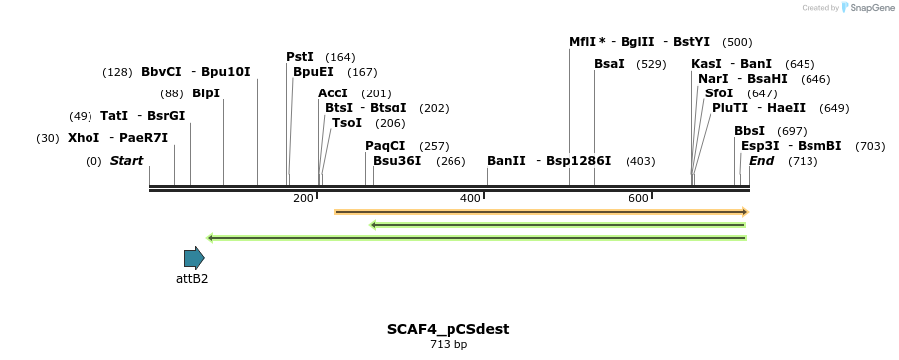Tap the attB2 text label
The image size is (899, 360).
(x=192, y=279)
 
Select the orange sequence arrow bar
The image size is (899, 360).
(x=540, y=211)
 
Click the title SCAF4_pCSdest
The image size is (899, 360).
(x=448, y=328)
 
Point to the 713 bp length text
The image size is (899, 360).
(x=448, y=344)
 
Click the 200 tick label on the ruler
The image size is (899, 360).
(x=303, y=199)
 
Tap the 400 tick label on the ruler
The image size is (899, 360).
(x=470, y=199)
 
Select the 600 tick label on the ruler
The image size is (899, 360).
(x=638, y=199)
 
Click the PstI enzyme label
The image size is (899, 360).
(x=300, y=57)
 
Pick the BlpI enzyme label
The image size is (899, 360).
(x=206, y=93)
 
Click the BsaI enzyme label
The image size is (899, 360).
(x=609, y=64)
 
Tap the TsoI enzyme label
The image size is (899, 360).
(x=347, y=123)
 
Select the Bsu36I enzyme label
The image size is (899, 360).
(x=397, y=161)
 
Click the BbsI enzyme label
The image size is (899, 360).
(x=749, y=131)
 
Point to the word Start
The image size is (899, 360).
(x=126, y=161)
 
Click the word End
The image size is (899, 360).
(x=761, y=161)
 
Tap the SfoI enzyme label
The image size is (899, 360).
(x=718, y=93)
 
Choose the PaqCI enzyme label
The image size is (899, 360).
(x=385, y=146)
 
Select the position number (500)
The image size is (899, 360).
(x=737, y=42)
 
